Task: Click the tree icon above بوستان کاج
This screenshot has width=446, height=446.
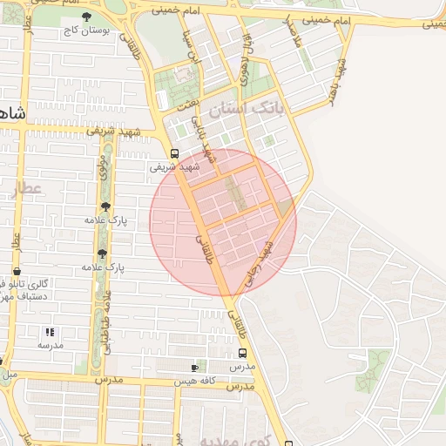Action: coord(85,17)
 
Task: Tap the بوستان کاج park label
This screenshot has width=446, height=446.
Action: coord(84,30)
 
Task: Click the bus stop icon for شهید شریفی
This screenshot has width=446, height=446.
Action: coord(174,153)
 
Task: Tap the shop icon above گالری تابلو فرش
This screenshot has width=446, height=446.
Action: coord(17,272)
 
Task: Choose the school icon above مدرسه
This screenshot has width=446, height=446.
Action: coord(50,332)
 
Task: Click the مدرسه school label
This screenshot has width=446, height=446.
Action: coord(50,345)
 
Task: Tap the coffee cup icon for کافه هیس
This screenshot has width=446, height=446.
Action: coord(193,368)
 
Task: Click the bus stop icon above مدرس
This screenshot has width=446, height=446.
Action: coord(241,353)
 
